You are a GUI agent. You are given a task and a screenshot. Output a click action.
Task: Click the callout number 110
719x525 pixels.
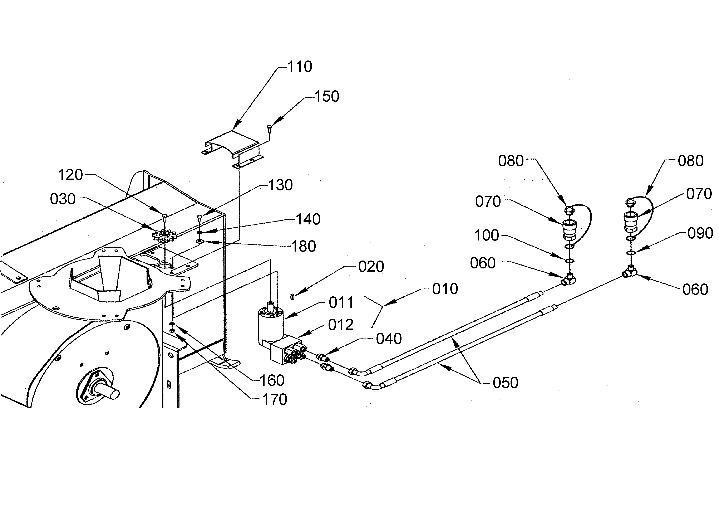point(300,67)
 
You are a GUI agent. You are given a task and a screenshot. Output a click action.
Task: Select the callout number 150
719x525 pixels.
point(327,96)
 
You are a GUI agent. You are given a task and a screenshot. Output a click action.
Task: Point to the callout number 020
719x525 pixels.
point(371,267)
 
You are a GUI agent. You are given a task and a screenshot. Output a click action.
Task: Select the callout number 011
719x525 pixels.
point(341,302)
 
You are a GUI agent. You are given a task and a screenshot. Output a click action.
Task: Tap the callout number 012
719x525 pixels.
point(340,325)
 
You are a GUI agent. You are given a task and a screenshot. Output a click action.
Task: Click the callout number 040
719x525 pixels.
point(389,339)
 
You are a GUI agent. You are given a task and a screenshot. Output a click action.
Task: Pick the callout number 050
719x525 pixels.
point(505,383)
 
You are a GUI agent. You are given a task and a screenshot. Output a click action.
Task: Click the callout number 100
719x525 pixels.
point(486,235)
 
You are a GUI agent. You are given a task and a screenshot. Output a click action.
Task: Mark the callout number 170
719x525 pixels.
point(274,399)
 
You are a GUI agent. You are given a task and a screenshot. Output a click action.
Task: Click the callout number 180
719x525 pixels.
point(303,246)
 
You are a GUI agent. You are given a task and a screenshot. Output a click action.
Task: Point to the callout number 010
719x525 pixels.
point(445,289)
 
